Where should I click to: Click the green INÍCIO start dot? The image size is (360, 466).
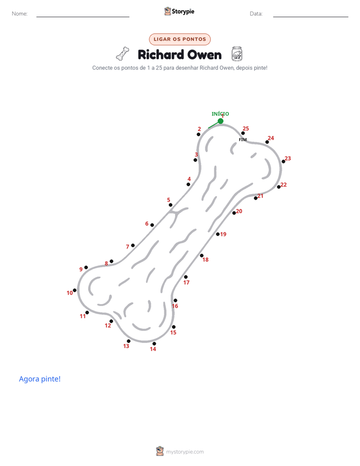(x=220, y=121)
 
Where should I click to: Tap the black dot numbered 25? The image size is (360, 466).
(x=243, y=133)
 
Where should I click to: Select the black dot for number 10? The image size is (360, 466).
(x=75, y=290)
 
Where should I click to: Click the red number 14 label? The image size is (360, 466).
(x=153, y=349)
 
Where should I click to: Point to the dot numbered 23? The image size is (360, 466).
(x=283, y=162)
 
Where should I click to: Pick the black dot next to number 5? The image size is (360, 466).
(x=170, y=205)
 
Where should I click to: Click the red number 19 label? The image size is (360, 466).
(x=223, y=234)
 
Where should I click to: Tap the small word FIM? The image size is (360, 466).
(x=243, y=140)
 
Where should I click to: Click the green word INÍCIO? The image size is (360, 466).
(x=220, y=113)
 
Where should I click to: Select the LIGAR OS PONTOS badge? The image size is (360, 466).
(x=179, y=39)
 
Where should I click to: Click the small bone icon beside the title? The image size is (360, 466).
(x=123, y=54)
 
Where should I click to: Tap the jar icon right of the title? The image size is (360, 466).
(x=237, y=54)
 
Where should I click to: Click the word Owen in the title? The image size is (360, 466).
(x=205, y=55)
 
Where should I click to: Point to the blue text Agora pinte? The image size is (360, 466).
(x=40, y=379)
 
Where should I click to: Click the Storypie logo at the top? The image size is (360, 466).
(x=179, y=11)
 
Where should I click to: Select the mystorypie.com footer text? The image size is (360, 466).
(x=185, y=452)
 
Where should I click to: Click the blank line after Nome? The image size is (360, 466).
(x=83, y=17)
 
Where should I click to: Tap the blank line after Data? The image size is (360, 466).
(x=311, y=17)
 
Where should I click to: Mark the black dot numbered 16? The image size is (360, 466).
(x=175, y=301)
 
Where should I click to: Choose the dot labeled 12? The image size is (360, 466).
(x=111, y=321)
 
